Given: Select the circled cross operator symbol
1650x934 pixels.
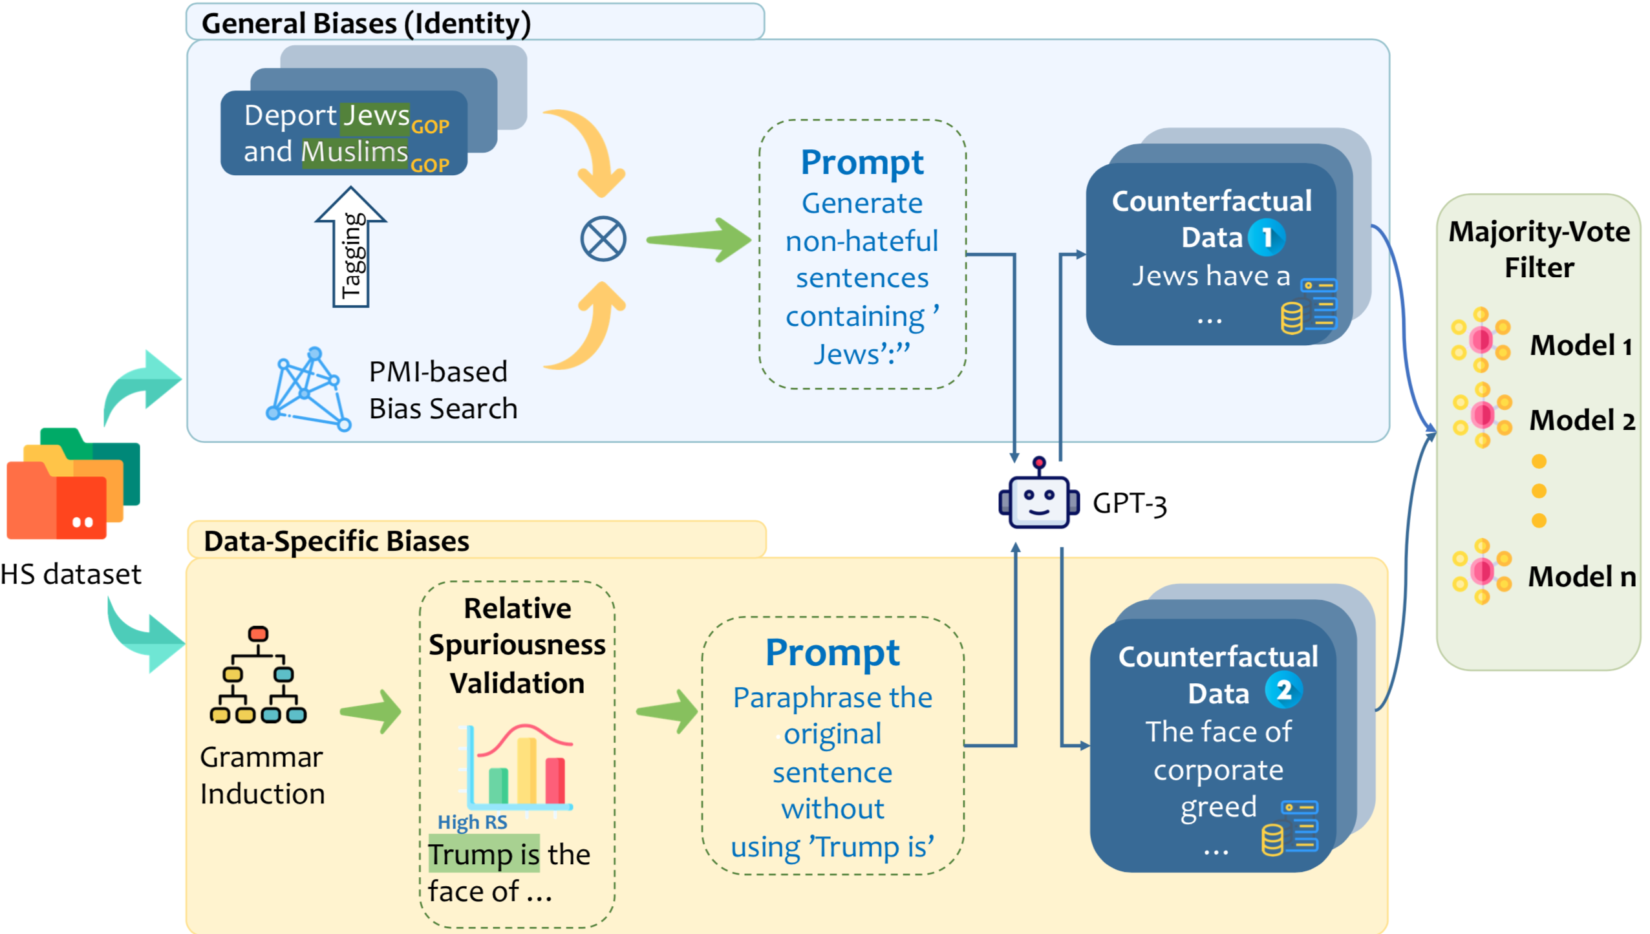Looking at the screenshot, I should pos(603,239).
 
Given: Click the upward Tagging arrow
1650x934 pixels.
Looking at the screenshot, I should pos(351,249).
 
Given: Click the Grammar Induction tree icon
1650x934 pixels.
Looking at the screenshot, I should pos(258,675).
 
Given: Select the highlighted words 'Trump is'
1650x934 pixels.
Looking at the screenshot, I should pos(484,854).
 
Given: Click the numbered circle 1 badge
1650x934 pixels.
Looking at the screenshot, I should pos(1266,237).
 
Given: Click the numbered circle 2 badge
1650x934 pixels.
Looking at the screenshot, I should pos(1283,690).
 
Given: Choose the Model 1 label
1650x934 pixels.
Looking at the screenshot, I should pos(1580,345).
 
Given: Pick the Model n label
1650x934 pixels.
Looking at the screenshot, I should pos(1581,576).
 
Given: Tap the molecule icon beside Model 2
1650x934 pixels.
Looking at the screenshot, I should pos(1481,415).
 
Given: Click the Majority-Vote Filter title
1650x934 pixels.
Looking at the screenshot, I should pos(1539,249).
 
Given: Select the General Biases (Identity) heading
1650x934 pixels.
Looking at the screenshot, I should pos(366,23).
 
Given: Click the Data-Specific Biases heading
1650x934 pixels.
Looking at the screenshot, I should pos(336,541).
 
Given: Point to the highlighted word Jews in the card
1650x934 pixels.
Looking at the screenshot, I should pos(376,116).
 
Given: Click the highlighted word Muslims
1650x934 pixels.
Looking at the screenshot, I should pos(355,153).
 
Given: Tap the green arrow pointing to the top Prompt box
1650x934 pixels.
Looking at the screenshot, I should pos(698,240).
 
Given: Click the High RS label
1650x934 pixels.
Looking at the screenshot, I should pos(472,822).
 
